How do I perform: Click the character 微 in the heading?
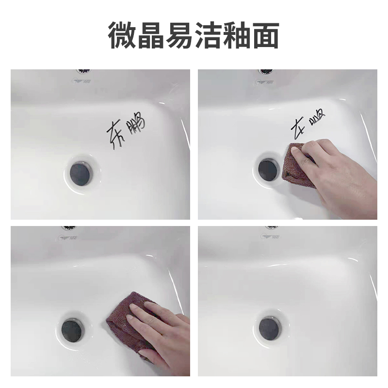[x=121, y=35]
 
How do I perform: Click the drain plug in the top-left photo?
[x=79, y=172]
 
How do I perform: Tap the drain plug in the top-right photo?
[x=267, y=168]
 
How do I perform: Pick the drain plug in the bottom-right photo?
[x=269, y=328]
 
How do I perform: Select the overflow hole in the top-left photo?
[x=84, y=71]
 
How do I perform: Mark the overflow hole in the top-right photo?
[x=266, y=71]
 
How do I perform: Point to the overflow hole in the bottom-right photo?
[x=272, y=227]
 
